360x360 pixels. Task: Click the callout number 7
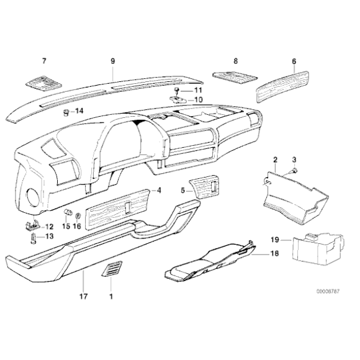click(44, 61)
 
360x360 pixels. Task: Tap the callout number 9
click(113, 61)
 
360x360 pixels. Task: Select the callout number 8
click(236, 61)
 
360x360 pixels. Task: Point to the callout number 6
click(294, 61)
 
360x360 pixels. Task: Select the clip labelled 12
click(30, 225)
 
